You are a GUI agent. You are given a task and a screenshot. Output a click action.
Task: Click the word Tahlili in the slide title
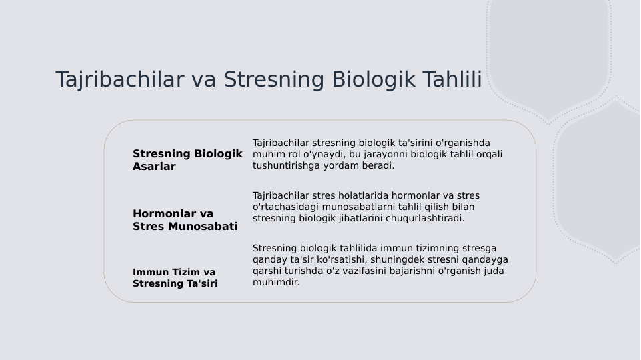(452, 79)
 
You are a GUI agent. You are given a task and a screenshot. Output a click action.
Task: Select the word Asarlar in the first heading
(154, 167)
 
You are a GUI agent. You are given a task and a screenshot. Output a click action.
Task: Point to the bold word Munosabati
(203, 227)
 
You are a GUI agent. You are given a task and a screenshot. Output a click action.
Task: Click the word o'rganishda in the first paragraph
(462, 143)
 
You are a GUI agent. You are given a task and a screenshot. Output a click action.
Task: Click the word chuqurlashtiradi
(425, 218)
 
